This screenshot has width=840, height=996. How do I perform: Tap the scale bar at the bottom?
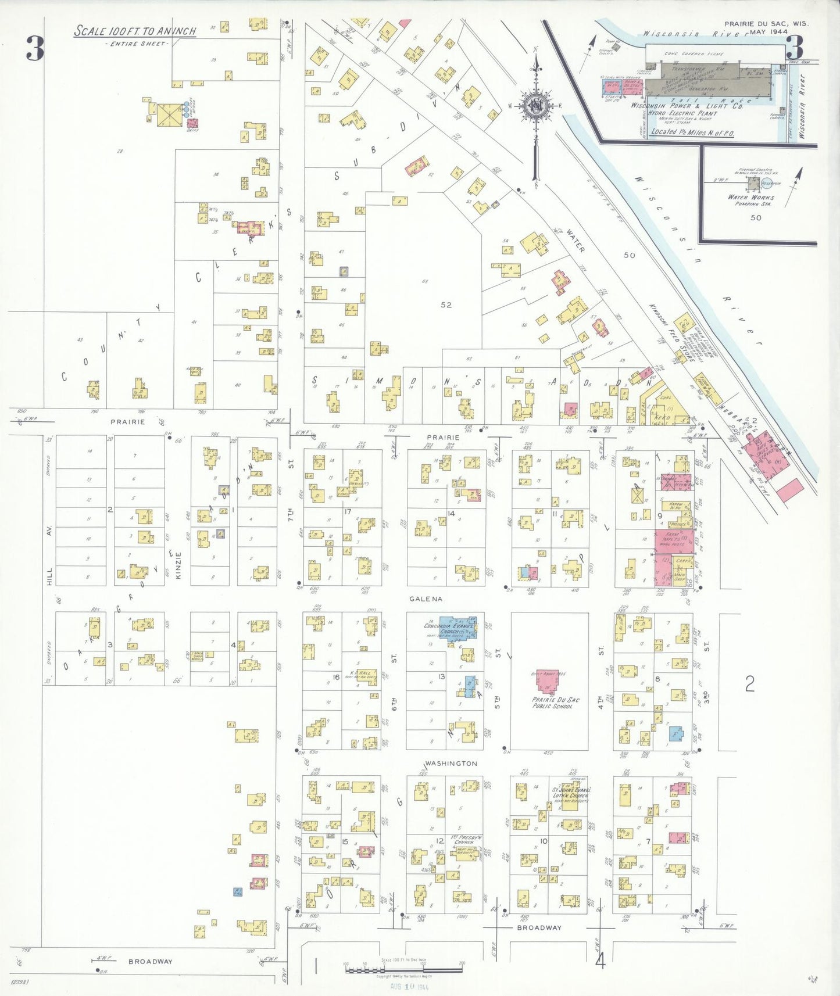coord(405,969)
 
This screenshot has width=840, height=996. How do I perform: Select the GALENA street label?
coord(426,599)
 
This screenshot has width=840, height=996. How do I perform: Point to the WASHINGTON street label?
coord(451,763)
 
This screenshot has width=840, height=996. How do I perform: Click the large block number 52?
coord(446,304)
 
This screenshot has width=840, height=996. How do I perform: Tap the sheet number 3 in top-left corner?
coord(35,49)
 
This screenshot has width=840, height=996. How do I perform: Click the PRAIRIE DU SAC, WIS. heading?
coord(766,24)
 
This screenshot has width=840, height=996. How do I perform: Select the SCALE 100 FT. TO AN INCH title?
coord(135,31)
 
